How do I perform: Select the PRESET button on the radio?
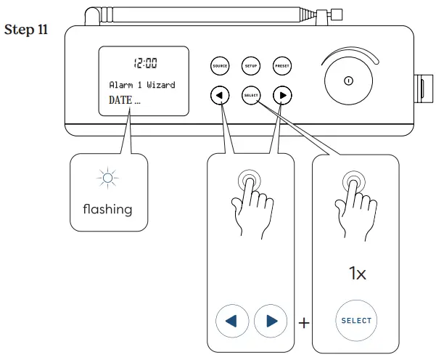[282, 66]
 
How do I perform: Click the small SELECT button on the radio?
[250, 95]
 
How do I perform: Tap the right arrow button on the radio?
[282, 95]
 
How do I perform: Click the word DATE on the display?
[120, 100]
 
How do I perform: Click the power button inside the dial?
[348, 80]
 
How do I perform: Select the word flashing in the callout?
[107, 209]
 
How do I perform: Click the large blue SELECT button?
[355, 320]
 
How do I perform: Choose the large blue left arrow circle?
[232, 320]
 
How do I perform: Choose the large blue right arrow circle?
[271, 320]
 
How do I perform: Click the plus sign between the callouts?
[303, 321]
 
